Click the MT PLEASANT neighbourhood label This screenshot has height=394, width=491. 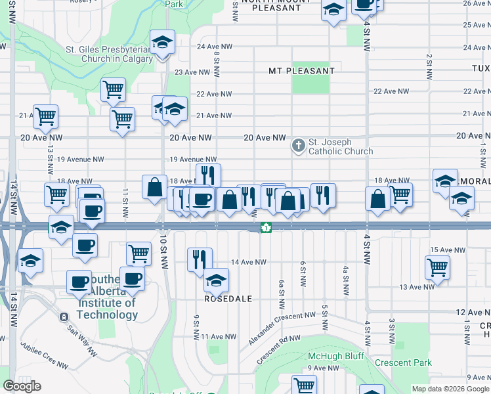pyautogui.click(x=301, y=70)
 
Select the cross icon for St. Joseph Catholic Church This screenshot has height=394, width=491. pyautogui.click(x=299, y=144)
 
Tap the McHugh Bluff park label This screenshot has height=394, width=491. pyautogui.click(x=335, y=356)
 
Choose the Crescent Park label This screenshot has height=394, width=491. pyautogui.click(x=403, y=362)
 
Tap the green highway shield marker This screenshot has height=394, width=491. pyautogui.click(x=266, y=228)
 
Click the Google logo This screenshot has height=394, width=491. pyautogui.click(x=22, y=386)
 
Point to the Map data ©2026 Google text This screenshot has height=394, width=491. pyautogui.click(x=450, y=389)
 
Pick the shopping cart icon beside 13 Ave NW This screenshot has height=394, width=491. pyautogui.click(x=437, y=267)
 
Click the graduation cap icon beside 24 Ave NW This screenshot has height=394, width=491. pyautogui.click(x=162, y=42)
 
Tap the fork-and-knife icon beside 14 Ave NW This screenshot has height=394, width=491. pyautogui.click(x=200, y=259)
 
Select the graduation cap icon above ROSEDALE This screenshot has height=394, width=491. pyautogui.click(x=216, y=280)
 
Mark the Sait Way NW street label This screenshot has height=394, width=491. pyautogui.click(x=81, y=336)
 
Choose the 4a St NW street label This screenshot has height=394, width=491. pyautogui.click(x=345, y=279)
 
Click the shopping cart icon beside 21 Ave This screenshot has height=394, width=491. pyautogui.click(x=45, y=117)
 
